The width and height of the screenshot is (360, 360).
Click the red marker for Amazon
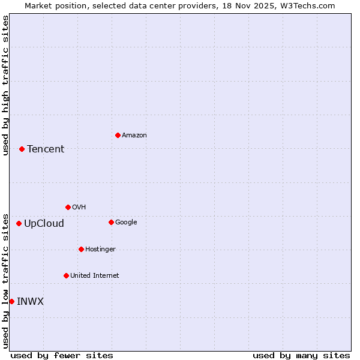point(118,135)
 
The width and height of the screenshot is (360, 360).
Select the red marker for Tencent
point(22,149)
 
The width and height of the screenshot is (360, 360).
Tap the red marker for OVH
point(68,207)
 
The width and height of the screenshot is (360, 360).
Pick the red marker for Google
point(111,222)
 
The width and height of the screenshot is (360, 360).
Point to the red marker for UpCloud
point(19,223)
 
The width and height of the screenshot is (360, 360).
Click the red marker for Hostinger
point(81,249)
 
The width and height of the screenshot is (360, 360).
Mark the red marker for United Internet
point(66,275)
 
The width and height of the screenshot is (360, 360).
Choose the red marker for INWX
point(11,301)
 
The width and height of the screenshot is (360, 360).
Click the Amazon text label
point(134,136)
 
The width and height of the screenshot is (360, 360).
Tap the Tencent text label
point(46,149)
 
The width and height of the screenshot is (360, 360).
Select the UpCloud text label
point(44,224)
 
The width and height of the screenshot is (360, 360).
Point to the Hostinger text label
point(100,250)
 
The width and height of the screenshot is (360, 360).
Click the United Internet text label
point(95,276)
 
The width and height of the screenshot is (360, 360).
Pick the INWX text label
point(30,302)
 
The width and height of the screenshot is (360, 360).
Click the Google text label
point(126,223)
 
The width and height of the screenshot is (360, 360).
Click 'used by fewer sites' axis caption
point(62,355)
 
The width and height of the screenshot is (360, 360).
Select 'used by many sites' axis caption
point(301,355)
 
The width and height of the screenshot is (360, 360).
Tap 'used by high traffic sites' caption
point(5,85)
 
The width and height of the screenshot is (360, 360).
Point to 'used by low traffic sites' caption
point(5,281)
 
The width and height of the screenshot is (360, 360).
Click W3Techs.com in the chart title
point(305,5)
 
